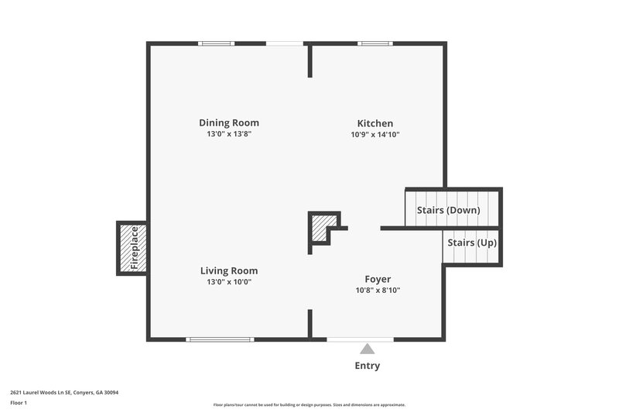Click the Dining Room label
[x=229, y=122]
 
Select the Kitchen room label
[x=374, y=123]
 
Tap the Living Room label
[x=229, y=270]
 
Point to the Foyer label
[x=378, y=279]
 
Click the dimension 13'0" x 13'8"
[x=229, y=134]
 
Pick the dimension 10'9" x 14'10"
[x=374, y=134]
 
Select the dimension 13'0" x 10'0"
[x=229, y=282]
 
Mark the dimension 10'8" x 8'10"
[x=378, y=291]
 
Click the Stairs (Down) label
[x=448, y=210]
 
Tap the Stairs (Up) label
[x=472, y=243]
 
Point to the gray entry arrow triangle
[x=368, y=349]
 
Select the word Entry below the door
[x=368, y=366]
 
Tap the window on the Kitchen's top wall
[x=374, y=43]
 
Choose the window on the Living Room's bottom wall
[x=221, y=339]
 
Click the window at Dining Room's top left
[x=217, y=43]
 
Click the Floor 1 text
[x=19, y=403]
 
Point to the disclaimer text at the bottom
[x=309, y=404]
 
